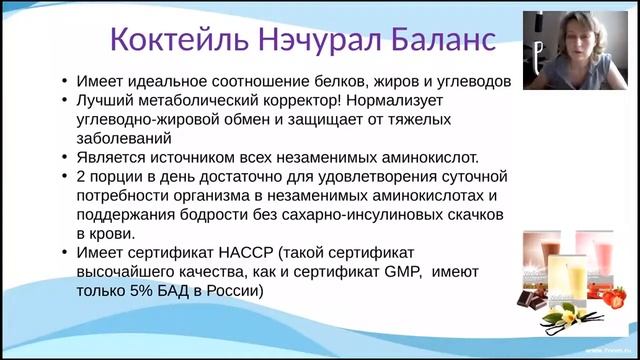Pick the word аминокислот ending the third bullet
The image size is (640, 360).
(x=431, y=157)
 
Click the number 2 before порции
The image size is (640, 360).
(x=80, y=176)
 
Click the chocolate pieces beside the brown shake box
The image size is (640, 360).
(x=531, y=297)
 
